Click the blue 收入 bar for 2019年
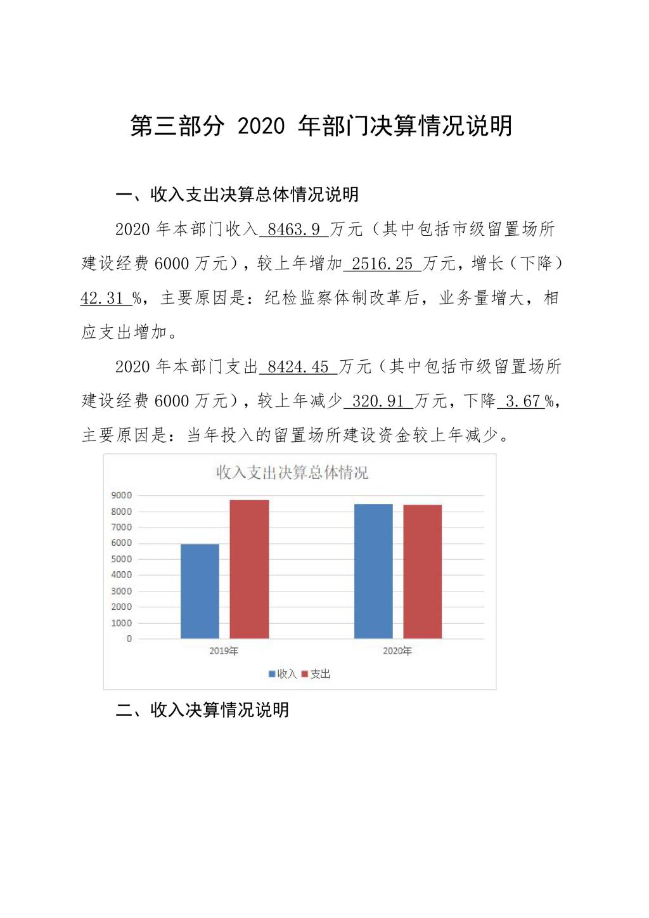click(x=200, y=591)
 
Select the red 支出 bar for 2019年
click(x=249, y=569)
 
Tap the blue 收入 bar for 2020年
click(x=373, y=571)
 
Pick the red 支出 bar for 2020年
click(x=422, y=571)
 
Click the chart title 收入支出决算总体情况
click(x=292, y=473)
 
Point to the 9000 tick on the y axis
click(x=122, y=495)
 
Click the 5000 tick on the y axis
click(x=122, y=559)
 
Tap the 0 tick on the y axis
click(x=129, y=638)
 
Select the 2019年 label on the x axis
click(x=224, y=651)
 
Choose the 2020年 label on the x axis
click(x=397, y=651)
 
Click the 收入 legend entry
click(x=283, y=674)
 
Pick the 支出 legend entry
click(x=316, y=674)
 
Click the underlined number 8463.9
click(x=294, y=229)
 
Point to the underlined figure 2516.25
click(x=382, y=263)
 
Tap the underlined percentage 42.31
click(x=102, y=298)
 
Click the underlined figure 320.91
click(x=378, y=401)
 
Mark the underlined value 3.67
click(x=522, y=401)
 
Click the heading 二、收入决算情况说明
click(x=202, y=709)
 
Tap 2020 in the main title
click(x=261, y=126)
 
